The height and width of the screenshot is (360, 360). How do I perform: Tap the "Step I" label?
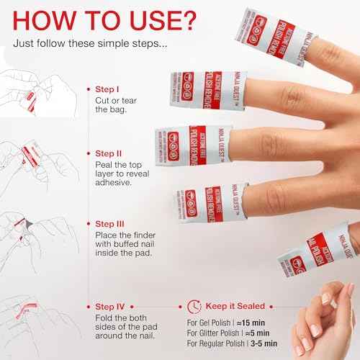click(109, 89)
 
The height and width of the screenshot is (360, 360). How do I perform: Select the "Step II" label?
click(110, 154)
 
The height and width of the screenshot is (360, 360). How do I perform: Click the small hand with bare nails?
click(328, 317)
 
